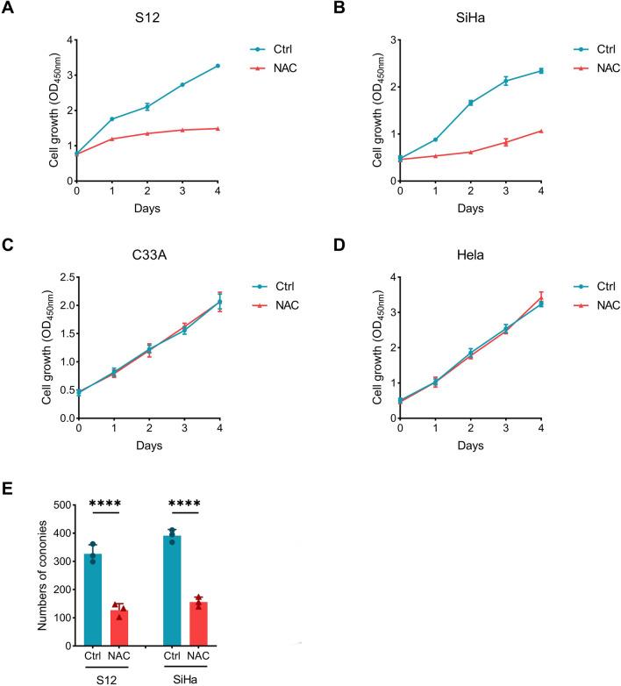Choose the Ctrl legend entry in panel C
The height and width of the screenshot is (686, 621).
point(268,285)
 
